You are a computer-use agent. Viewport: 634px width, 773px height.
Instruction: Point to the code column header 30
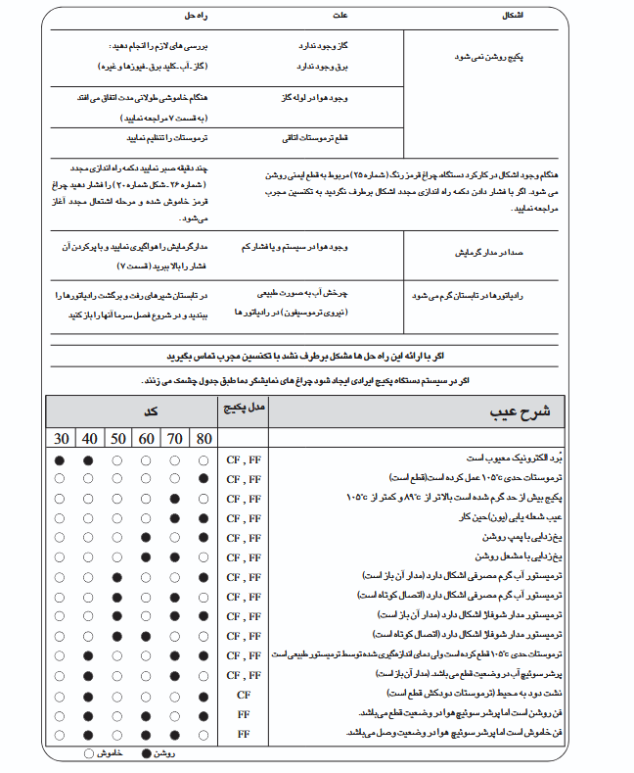(x=62, y=438)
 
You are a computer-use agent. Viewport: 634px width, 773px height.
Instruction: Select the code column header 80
(x=204, y=438)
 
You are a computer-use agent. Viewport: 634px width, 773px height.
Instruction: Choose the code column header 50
(x=118, y=438)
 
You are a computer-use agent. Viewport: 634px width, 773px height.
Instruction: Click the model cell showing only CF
(x=244, y=693)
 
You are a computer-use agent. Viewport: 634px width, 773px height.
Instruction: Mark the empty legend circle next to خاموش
(x=89, y=753)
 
